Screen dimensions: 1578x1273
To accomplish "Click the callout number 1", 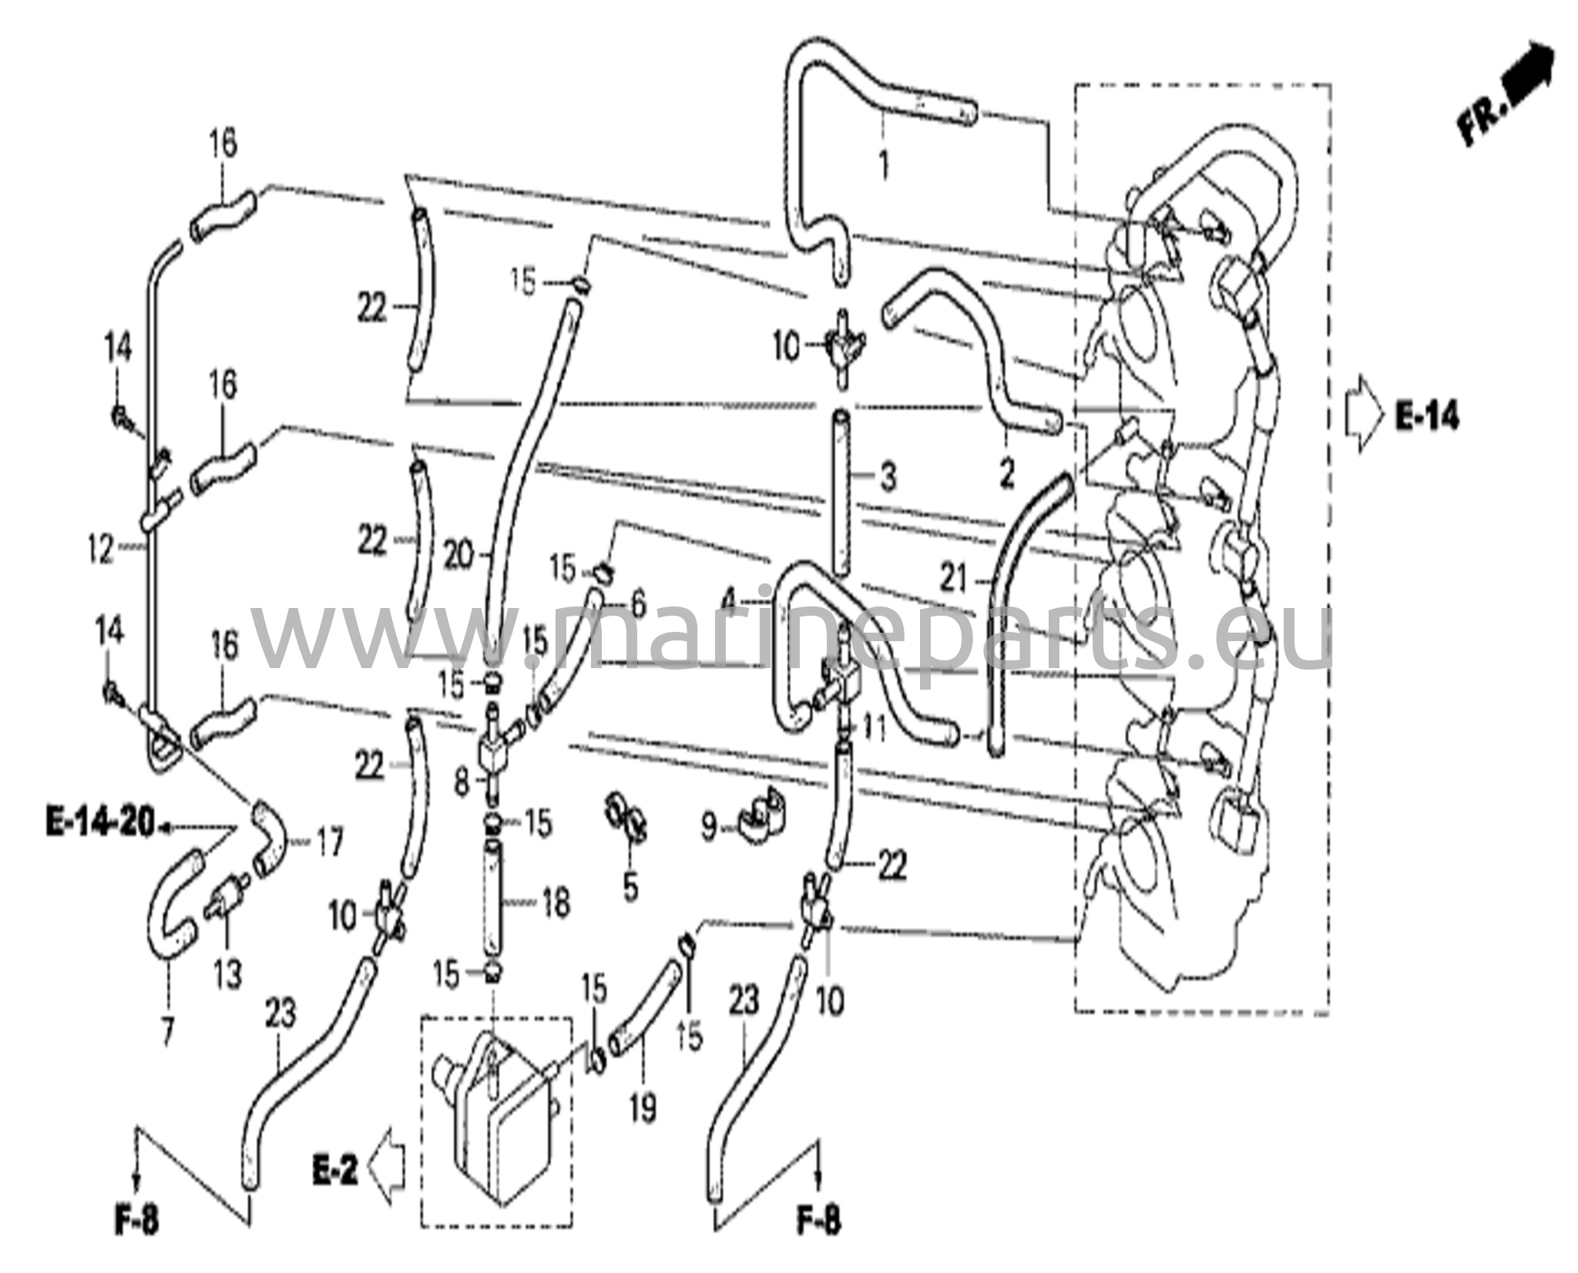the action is click(884, 165).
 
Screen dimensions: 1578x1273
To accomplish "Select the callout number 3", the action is click(888, 478).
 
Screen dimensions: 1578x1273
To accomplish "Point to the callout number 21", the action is click(954, 579).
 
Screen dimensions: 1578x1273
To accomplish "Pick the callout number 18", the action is click(556, 902).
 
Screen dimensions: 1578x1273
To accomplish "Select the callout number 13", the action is click(228, 974).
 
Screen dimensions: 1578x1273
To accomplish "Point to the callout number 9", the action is click(709, 828).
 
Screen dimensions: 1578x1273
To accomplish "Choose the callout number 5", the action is click(630, 887).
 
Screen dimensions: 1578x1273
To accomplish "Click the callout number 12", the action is click(100, 550).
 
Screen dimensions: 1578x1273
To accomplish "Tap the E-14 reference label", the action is click(1427, 417).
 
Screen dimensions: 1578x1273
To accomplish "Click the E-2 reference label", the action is click(336, 1173).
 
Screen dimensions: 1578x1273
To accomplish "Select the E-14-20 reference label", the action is click(101, 824).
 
